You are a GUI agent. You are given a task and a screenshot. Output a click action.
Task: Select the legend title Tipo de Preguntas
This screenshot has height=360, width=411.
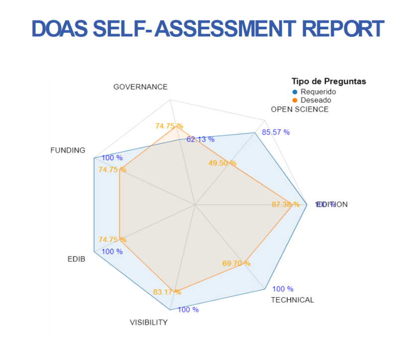tap(328, 82)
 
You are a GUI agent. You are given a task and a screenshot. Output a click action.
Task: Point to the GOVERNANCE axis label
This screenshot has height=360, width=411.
tap(140, 87)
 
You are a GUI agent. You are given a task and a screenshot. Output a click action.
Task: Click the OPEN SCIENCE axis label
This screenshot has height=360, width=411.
tap(300, 109)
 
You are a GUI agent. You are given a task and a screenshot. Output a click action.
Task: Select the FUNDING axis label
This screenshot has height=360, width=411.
tap(68, 150)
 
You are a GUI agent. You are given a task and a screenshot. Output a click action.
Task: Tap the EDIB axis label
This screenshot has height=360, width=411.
tap(76, 259)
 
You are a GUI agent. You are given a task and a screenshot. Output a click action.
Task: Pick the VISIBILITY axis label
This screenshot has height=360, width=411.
tap(149, 323)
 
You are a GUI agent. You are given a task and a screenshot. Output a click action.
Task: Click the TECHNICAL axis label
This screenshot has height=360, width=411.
tap(292, 300)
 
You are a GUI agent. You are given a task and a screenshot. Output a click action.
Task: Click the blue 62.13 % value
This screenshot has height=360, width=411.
tap(201, 139)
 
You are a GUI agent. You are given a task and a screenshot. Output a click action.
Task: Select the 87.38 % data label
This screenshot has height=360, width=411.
tap(286, 204)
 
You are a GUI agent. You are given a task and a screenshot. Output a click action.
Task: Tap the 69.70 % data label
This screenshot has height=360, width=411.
tap(236, 264)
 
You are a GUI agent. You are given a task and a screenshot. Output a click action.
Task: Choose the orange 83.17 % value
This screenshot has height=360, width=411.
tap(167, 292)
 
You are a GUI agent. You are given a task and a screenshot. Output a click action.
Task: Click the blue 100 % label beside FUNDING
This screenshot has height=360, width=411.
tap(112, 158)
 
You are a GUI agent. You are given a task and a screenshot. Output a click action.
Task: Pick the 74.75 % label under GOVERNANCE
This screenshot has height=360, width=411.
tap(169, 126)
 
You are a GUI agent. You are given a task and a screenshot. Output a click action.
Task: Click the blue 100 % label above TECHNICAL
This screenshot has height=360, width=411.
tap(283, 289)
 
